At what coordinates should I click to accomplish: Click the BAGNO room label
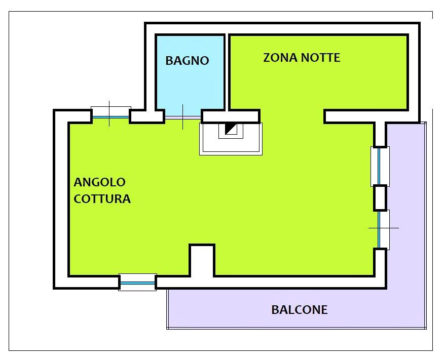coord(188,61)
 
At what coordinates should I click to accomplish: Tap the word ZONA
coord(281,58)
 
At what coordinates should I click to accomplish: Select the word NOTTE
coord(321,58)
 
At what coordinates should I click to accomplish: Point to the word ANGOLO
coord(99,182)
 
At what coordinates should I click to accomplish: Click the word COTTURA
coord(102,198)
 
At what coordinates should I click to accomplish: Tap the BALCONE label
coord(300,309)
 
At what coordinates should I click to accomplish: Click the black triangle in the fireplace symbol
coord(230,129)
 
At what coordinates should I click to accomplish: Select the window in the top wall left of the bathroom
coord(110,116)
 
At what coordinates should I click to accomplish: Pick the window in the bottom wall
coord(137,283)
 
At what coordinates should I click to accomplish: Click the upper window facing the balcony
coord(380,167)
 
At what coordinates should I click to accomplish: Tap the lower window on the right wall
coord(380,229)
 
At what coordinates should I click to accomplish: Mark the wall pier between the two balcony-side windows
coord(380,198)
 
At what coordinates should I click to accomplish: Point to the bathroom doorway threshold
coord(183,117)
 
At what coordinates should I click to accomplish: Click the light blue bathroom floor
coord(190,85)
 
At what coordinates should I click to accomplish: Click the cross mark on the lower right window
coord(384,228)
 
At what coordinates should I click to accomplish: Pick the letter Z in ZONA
coord(267,58)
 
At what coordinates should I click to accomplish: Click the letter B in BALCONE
coord(275,309)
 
